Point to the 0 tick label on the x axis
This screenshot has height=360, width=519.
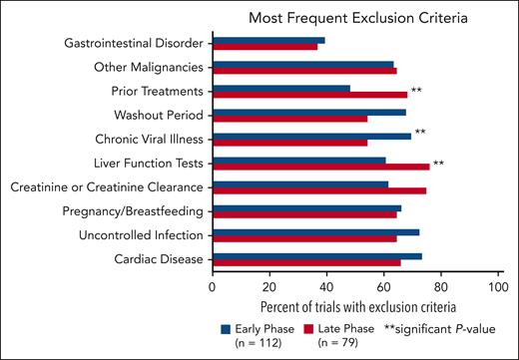(x=213, y=286)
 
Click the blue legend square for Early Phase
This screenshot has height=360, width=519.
(x=227, y=326)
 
